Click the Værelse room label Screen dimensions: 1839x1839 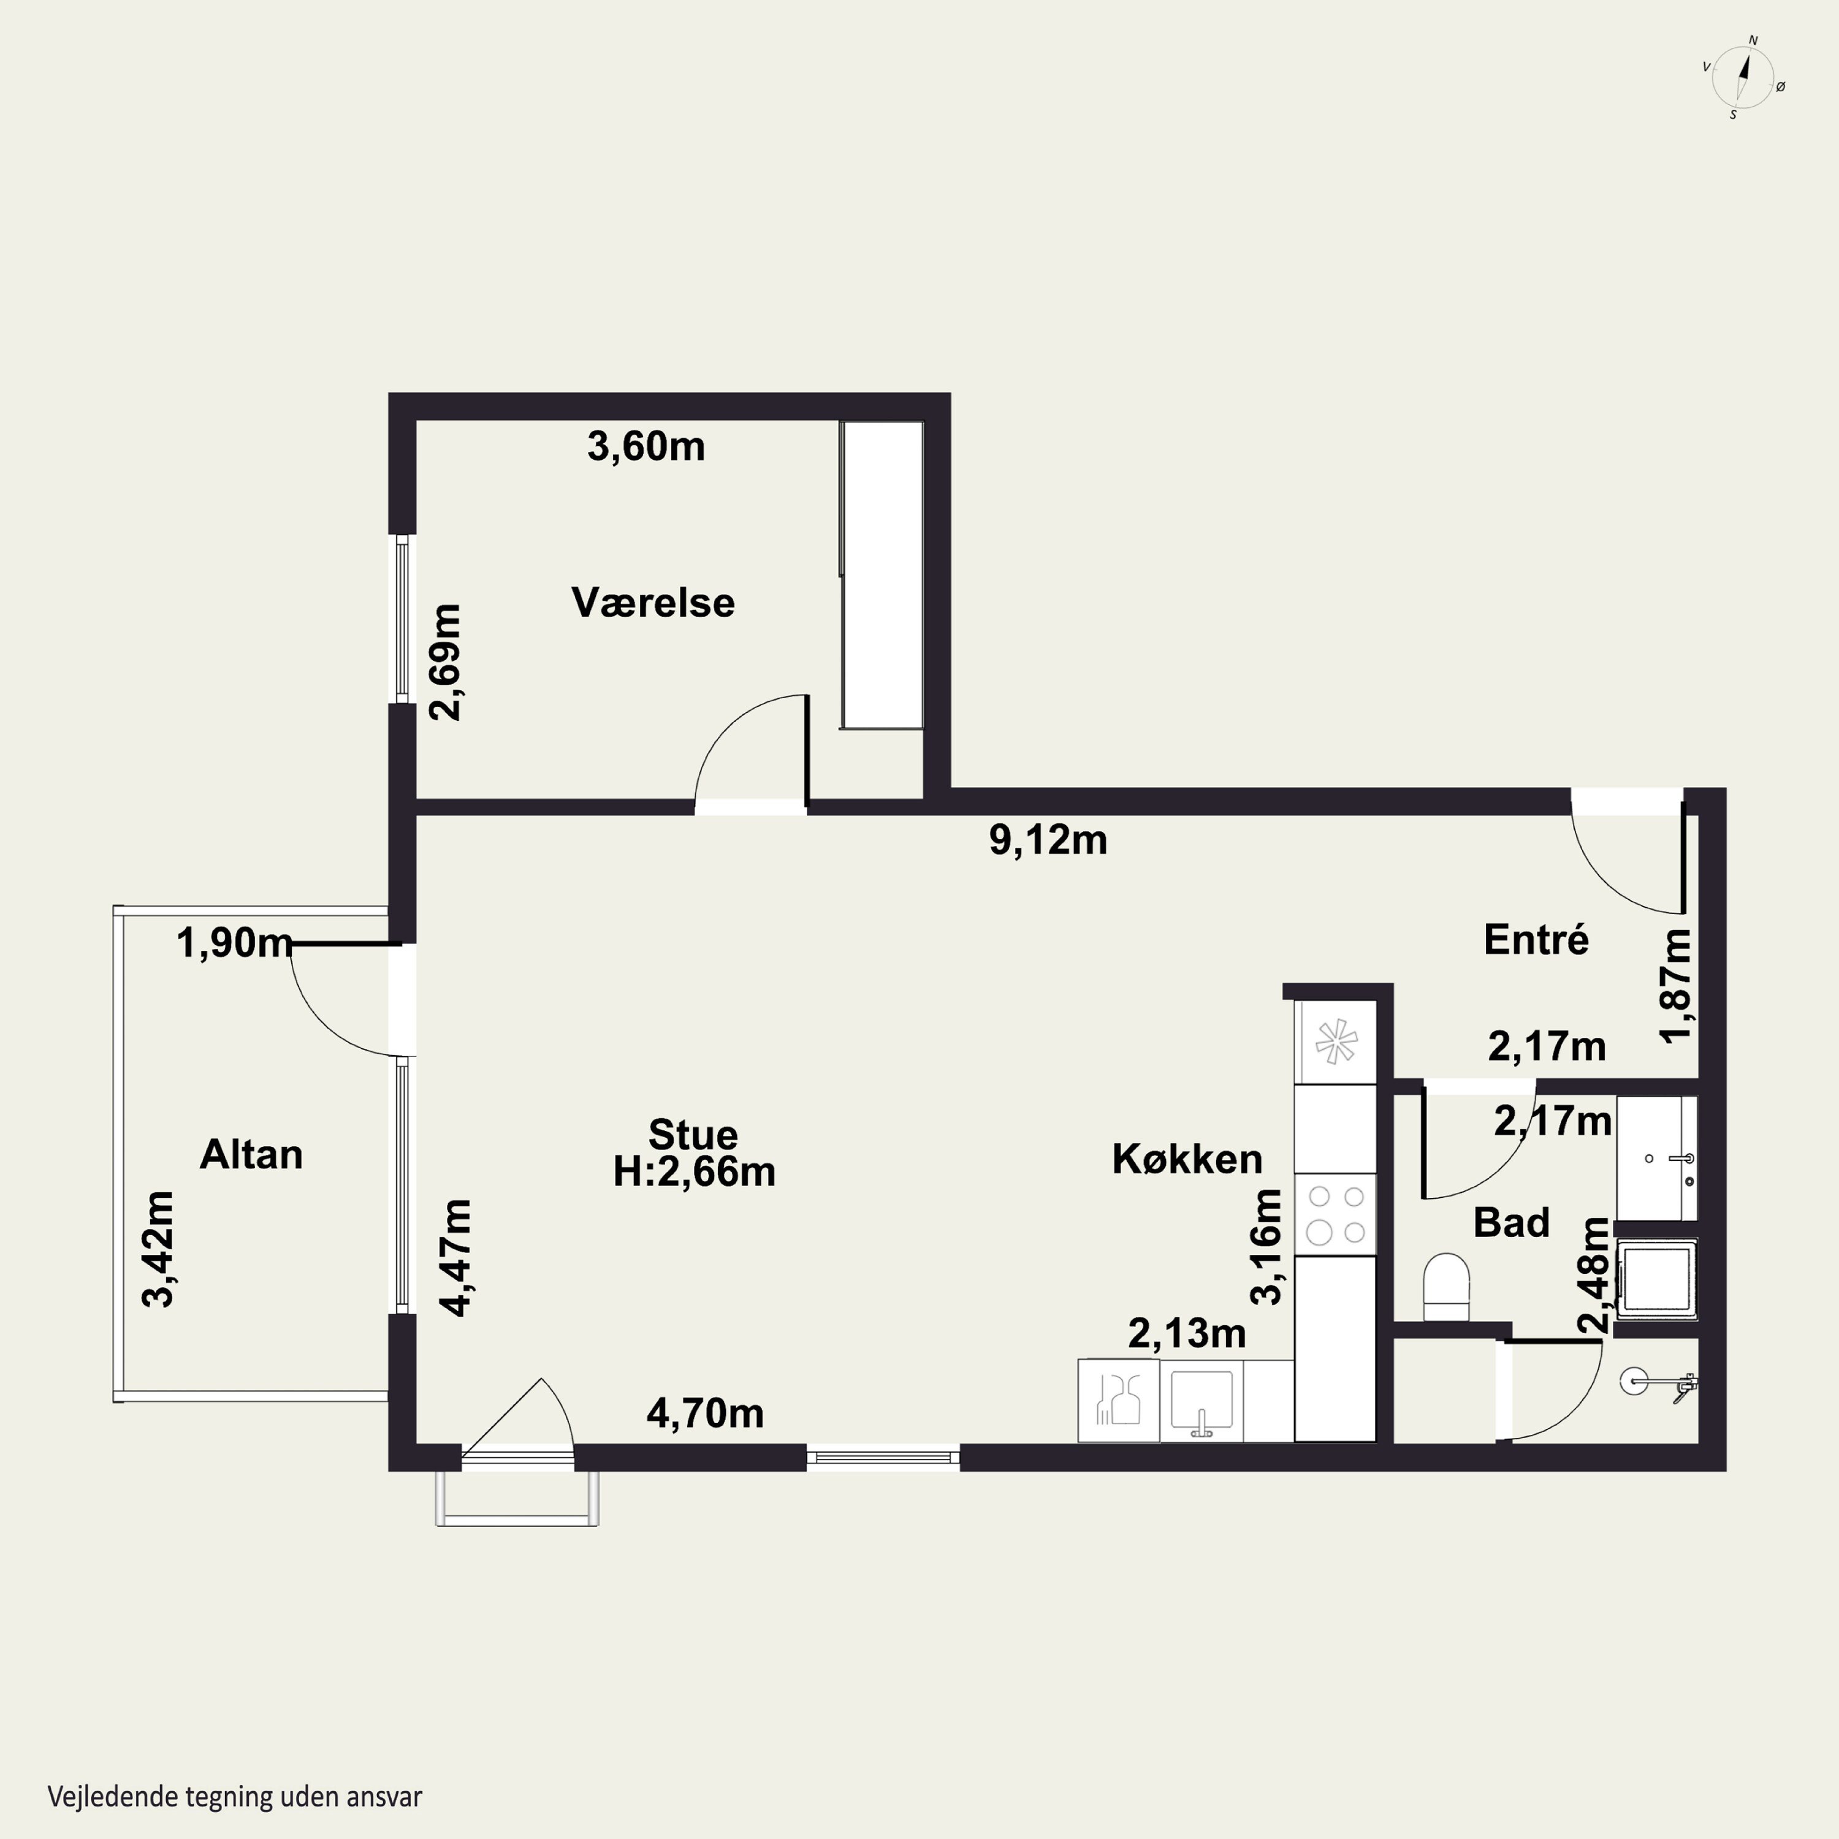pos(653,603)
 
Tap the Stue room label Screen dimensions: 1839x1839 pos(693,1135)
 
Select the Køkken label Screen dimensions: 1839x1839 pos(1187,1159)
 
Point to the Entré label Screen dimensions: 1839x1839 pos(1536,940)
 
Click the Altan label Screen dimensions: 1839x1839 pos(251,1155)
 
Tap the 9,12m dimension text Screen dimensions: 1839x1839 pos(1048,840)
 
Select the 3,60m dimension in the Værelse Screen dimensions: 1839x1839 pos(646,446)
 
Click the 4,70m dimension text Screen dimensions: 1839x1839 pos(706,1414)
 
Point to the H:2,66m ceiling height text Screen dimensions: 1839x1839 pos(694,1171)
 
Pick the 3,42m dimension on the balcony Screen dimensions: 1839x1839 pos(158,1249)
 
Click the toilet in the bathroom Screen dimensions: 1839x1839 pos(1446,1287)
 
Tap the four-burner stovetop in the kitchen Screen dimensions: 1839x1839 pos(1336,1214)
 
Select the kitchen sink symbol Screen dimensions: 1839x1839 pos(1201,1400)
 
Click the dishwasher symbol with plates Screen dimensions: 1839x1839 pos(1119,1400)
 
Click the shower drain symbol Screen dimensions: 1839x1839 pos(1634,1379)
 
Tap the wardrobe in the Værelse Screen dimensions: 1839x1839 pos(881,575)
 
